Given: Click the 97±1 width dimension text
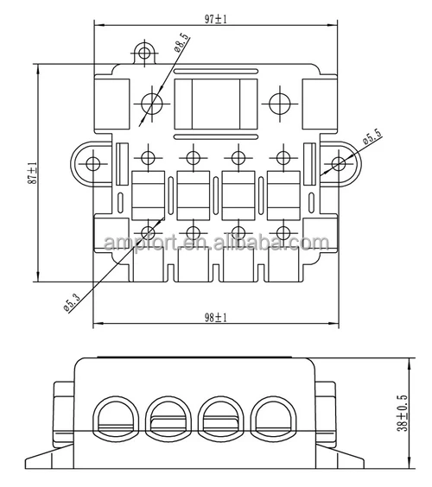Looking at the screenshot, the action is coord(216,19).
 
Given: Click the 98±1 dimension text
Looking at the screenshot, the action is coord(216,318).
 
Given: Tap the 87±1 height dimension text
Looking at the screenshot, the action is coord(32,174).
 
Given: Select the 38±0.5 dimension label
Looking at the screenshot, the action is coord(402,413).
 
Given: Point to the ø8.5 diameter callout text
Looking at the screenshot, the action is coord(181,42).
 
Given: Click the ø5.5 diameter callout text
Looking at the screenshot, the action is coord(372,136).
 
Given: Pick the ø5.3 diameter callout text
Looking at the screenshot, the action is coord(72,302).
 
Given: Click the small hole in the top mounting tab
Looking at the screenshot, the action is coord(144,53).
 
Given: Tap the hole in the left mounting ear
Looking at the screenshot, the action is coord(92,164).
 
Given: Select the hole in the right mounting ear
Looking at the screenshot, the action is coord(339,164).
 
